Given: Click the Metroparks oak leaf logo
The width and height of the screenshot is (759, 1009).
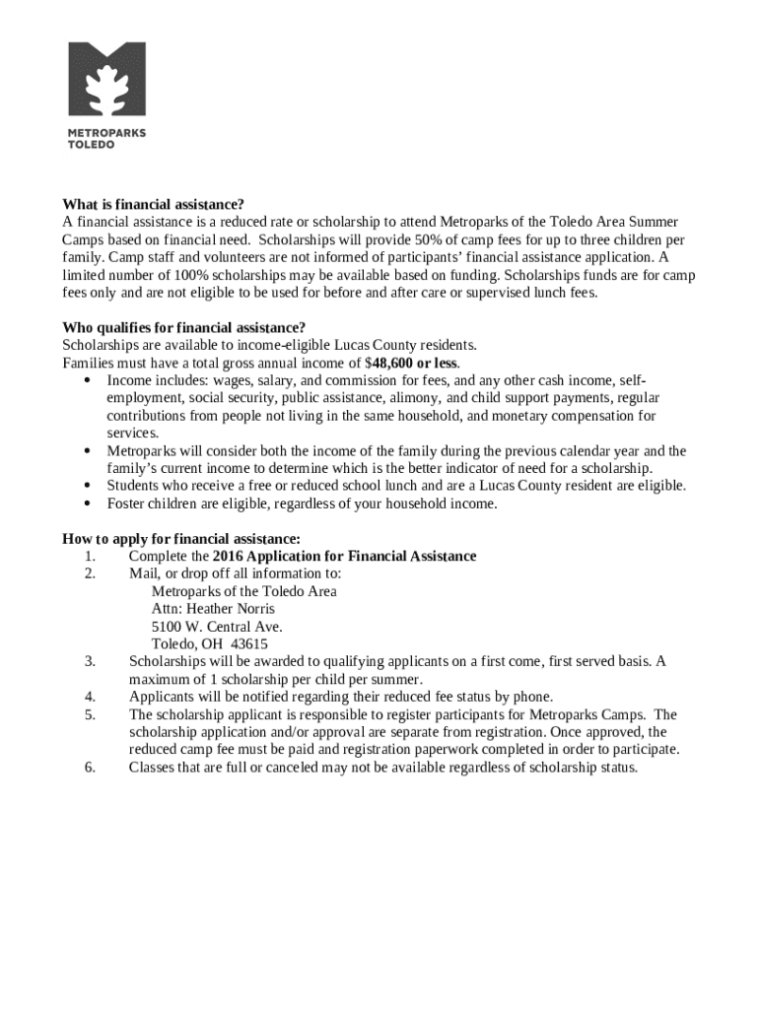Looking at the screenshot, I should (x=106, y=79).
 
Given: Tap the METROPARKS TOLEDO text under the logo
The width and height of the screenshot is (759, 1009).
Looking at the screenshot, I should (x=105, y=139).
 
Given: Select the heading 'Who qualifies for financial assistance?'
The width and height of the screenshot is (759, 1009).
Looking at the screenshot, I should (x=183, y=327).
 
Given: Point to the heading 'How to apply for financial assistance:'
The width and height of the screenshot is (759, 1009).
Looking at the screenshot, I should (x=181, y=539).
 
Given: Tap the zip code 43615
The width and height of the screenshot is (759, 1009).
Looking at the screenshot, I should (x=248, y=644).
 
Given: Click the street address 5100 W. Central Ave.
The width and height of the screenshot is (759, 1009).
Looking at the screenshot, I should (x=217, y=627).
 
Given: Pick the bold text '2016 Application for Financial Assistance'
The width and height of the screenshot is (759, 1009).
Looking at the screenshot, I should (x=344, y=557).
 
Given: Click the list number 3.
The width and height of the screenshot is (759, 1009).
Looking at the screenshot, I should (x=90, y=662).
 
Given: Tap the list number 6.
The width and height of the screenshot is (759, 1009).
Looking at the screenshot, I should (x=90, y=768).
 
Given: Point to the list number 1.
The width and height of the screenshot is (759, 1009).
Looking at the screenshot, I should (x=90, y=557).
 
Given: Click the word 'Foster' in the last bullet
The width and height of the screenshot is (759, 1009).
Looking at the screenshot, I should (x=127, y=504).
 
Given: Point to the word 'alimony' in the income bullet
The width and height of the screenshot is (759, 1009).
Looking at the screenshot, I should (x=414, y=398).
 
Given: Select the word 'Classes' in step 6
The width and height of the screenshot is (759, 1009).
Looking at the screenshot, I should (x=153, y=768).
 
